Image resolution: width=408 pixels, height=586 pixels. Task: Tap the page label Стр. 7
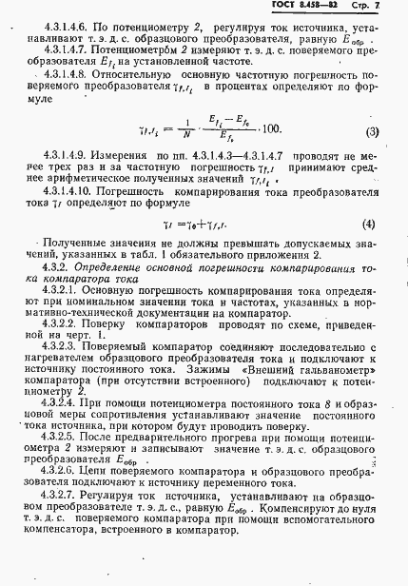376,9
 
